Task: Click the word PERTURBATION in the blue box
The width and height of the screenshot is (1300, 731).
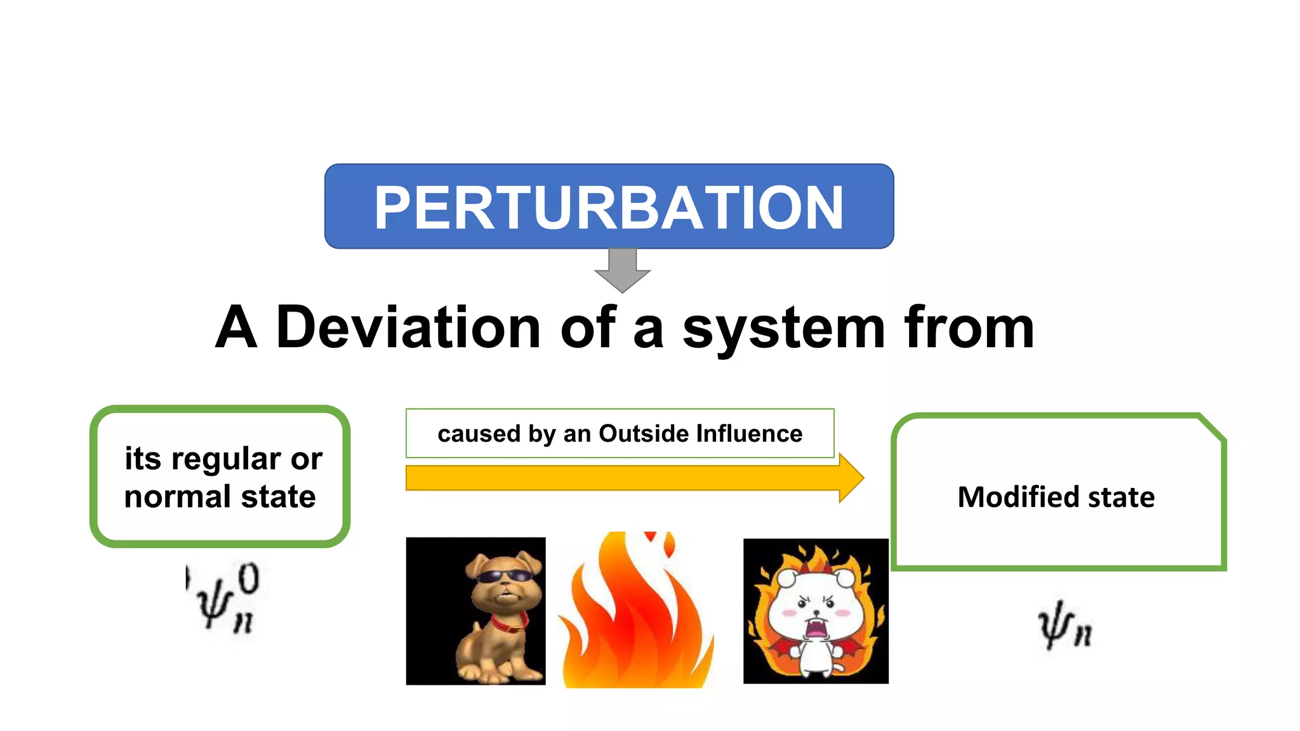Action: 609,207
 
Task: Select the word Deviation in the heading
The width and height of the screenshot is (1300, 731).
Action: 408,327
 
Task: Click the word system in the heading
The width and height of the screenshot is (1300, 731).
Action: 783,329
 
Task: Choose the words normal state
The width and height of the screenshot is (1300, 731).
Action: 220,496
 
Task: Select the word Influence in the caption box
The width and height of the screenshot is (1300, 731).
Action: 749,433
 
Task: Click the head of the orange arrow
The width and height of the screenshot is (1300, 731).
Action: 851,478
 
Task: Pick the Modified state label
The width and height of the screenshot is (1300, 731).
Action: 1056,497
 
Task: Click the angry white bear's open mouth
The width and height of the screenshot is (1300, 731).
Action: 815,629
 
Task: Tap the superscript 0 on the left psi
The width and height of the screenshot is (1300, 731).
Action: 248,579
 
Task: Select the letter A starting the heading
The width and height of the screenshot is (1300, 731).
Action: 236,327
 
